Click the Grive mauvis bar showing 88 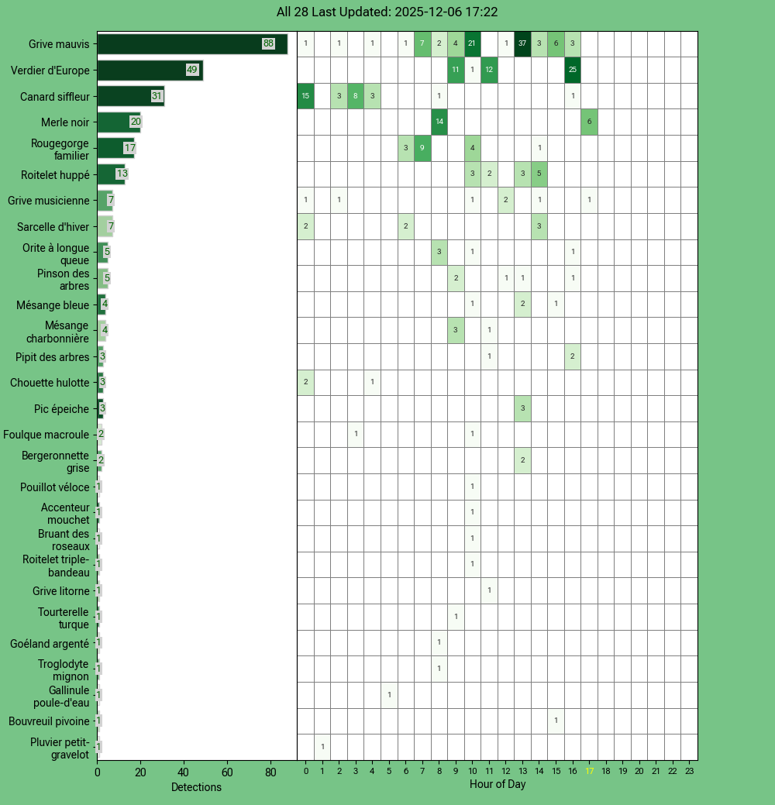click(x=191, y=44)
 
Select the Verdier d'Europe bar click(x=150, y=71)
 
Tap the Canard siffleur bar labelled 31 click(x=130, y=96)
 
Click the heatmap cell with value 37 click(x=522, y=44)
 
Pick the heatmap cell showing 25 click(x=572, y=71)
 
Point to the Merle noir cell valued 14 click(x=439, y=122)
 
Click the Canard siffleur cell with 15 click(x=306, y=96)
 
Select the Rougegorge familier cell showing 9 click(x=422, y=148)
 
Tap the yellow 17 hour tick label click(x=589, y=772)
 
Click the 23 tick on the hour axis click(x=689, y=772)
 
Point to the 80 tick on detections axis click(x=270, y=772)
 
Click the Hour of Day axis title click(x=498, y=785)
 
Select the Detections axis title click(x=196, y=787)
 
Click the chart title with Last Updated click(x=387, y=12)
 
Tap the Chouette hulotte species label click(x=50, y=383)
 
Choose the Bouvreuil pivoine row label click(x=49, y=721)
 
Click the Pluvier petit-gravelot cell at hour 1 click(x=322, y=747)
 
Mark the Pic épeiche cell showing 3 click(x=522, y=408)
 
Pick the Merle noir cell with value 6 click(x=589, y=122)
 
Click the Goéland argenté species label click(x=50, y=643)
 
